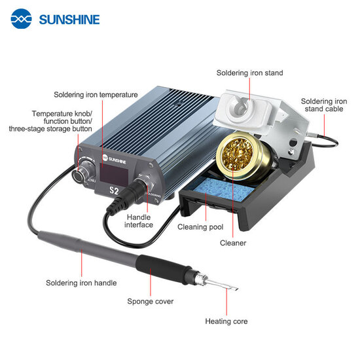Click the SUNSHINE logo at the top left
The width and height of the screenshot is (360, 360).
coord(55,19)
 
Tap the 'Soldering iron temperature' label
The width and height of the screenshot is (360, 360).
coord(96,94)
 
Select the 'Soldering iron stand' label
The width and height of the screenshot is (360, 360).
coord(251,73)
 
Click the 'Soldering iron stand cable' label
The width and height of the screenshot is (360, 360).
coord(323,105)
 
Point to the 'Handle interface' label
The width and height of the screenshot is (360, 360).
coord(139,221)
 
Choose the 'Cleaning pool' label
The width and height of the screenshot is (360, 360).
coord(200,227)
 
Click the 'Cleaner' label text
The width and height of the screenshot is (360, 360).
coord(232,243)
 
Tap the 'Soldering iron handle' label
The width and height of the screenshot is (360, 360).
coord(82,283)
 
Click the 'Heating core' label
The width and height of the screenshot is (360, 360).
coord(226,321)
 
